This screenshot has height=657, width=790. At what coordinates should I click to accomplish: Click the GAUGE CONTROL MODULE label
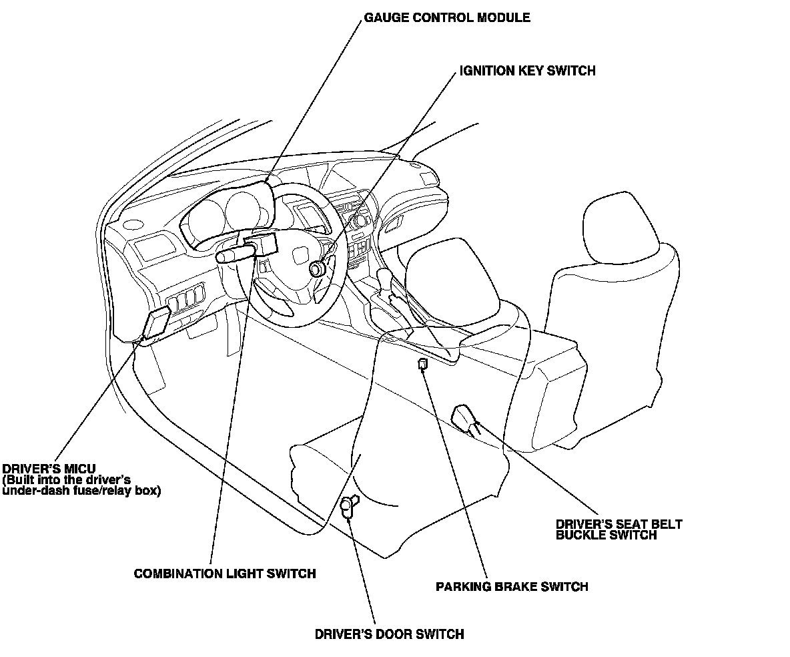coord(446,18)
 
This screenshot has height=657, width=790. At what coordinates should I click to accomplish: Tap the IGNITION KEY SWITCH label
coord(527,71)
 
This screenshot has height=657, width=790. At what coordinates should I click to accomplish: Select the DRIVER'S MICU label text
coord(49,470)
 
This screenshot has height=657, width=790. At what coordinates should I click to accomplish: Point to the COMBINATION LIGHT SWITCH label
coord(225,574)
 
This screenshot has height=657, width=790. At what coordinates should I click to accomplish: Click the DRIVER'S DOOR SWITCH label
coord(389,634)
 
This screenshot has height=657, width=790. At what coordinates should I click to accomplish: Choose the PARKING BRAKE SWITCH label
coord(512,587)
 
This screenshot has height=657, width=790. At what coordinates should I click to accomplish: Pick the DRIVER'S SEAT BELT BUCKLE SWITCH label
coord(619,529)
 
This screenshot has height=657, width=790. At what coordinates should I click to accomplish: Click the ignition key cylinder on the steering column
coord(318,268)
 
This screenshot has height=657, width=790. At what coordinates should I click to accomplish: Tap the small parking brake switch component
coord(422,364)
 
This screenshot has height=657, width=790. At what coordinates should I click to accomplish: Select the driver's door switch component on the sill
coord(348,507)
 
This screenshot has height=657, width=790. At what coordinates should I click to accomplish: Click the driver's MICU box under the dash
coord(157,323)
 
